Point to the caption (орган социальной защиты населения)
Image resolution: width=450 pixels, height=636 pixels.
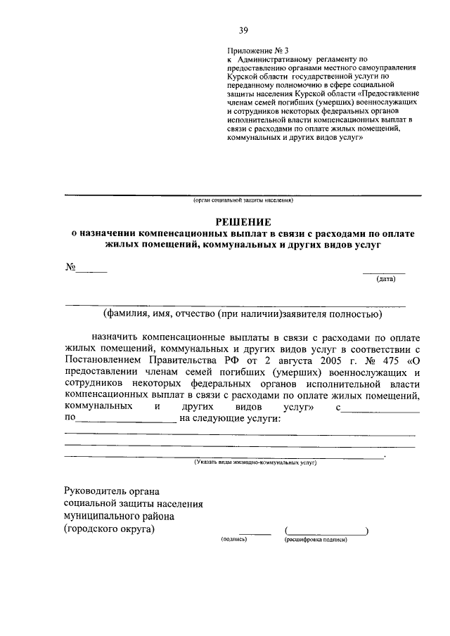coord(243,200)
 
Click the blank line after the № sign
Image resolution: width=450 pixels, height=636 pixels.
coord(91,270)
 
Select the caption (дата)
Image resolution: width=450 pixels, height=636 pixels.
coord(386,279)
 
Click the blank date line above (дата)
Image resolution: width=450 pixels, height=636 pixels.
coord(384,271)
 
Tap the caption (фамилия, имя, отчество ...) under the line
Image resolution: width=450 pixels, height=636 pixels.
coord(242,313)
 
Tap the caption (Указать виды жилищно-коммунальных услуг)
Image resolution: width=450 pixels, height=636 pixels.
coord(256,463)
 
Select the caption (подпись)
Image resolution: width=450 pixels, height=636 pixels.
coord(234,540)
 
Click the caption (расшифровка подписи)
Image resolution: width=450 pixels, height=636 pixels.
coord(316,540)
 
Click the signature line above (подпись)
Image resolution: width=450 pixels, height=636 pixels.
coord(255,533)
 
